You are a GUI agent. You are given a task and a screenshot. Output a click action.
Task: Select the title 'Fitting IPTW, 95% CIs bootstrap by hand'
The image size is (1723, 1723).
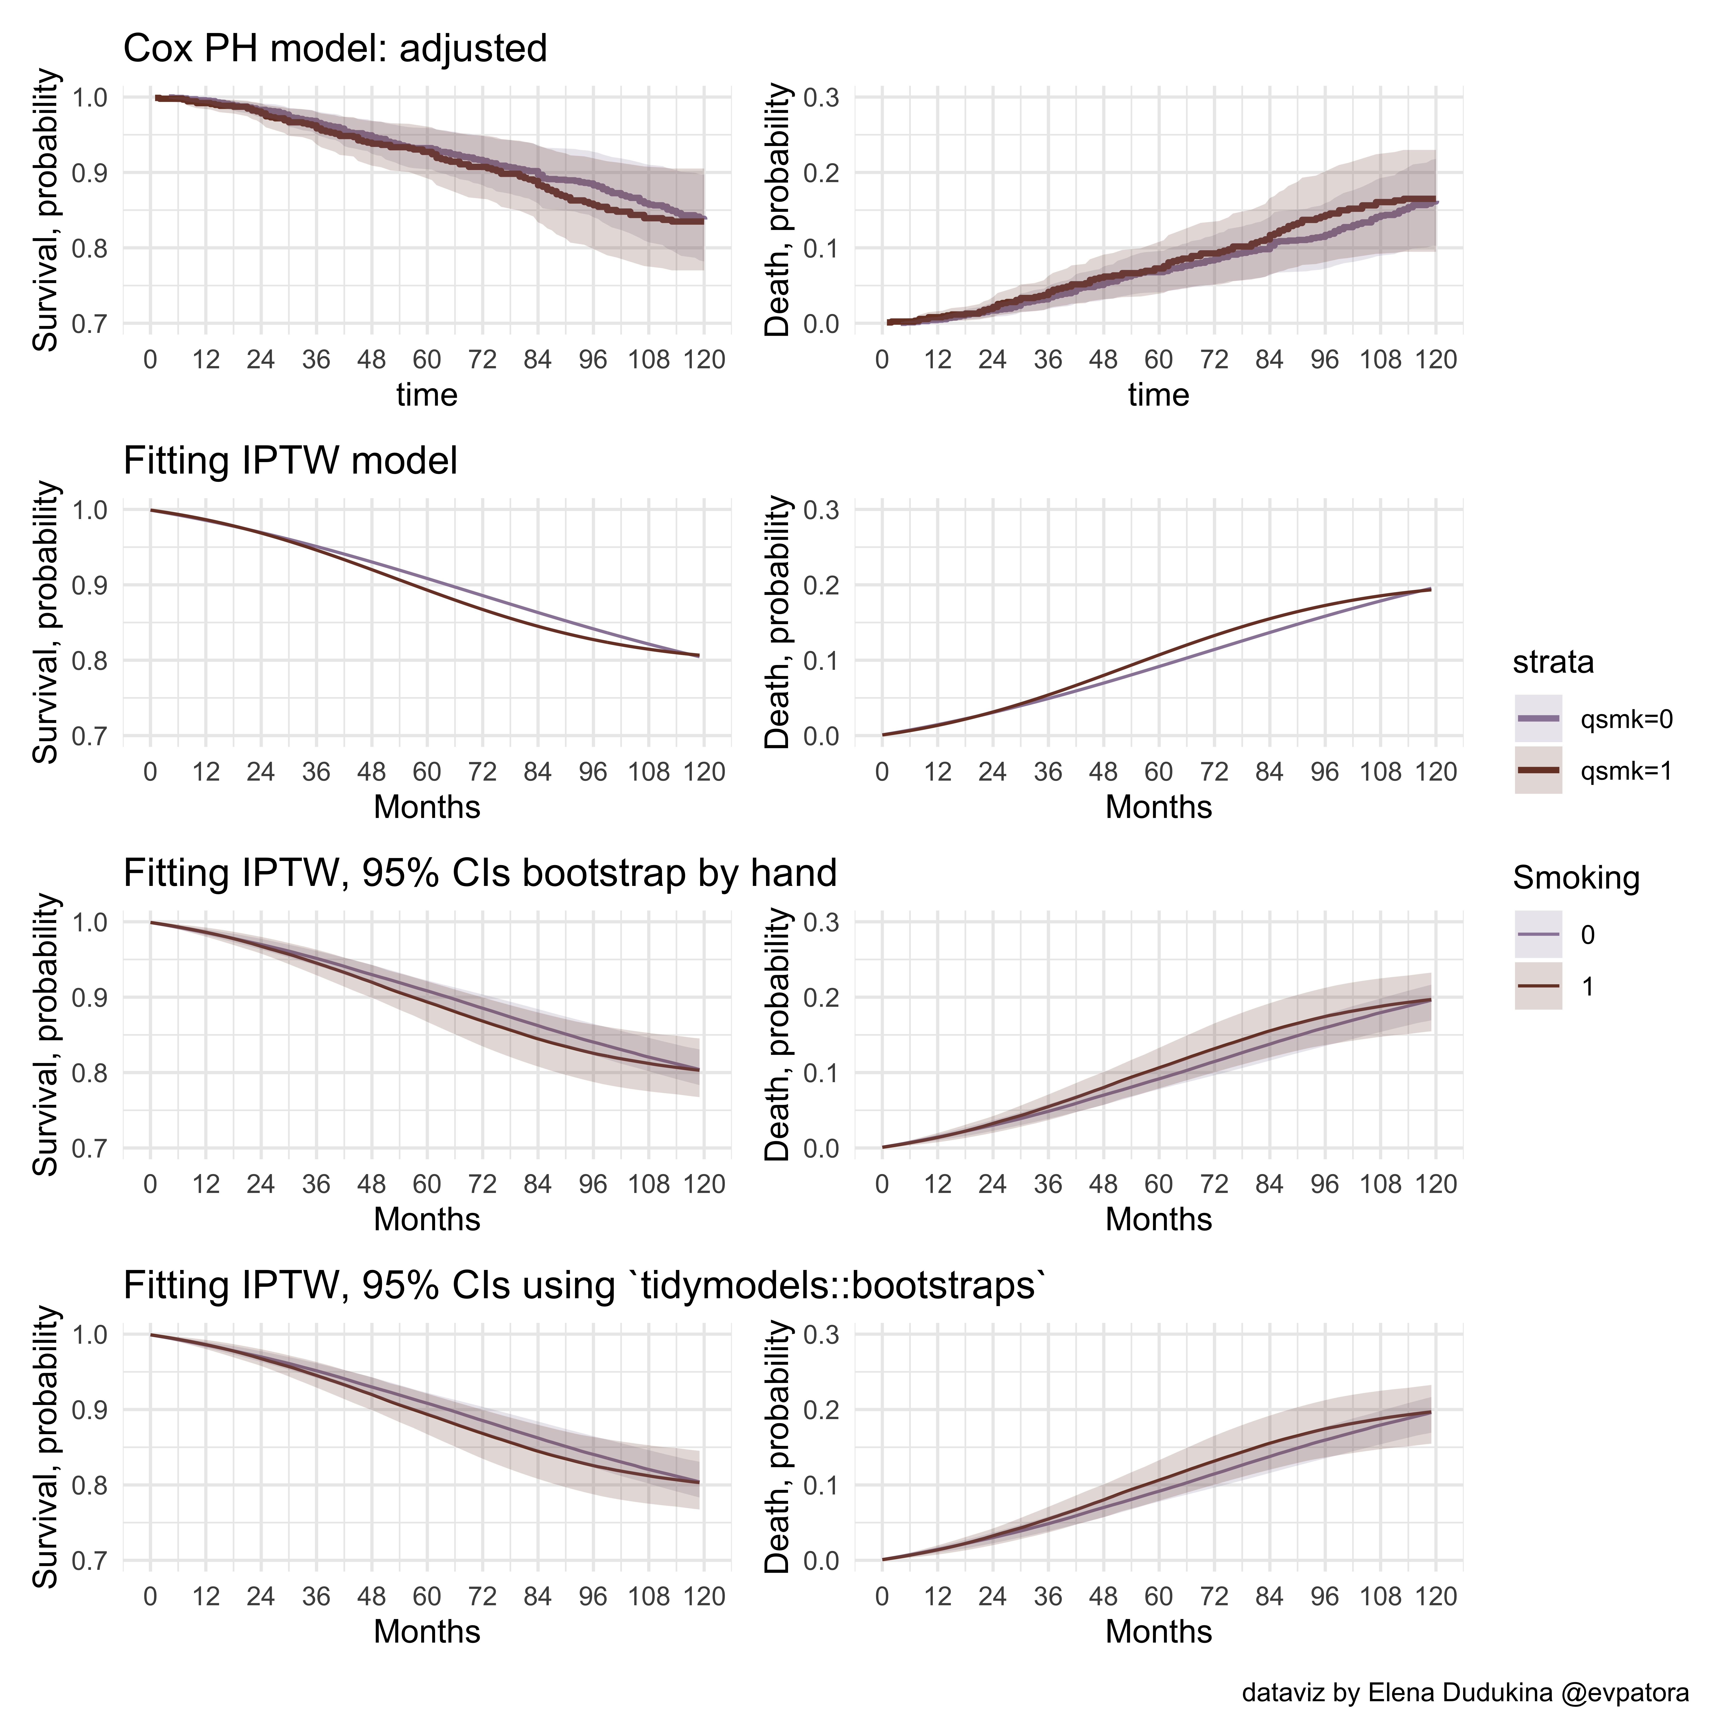(x=480, y=873)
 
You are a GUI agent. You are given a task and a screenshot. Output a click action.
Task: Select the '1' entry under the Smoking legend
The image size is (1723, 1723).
(x=1588, y=986)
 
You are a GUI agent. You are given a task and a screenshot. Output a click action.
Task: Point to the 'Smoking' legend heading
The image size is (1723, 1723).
(x=1576, y=878)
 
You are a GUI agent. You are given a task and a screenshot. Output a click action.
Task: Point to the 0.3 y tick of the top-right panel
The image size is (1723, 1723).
(x=821, y=97)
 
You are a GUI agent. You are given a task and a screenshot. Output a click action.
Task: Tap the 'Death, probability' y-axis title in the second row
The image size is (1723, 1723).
(x=778, y=622)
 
